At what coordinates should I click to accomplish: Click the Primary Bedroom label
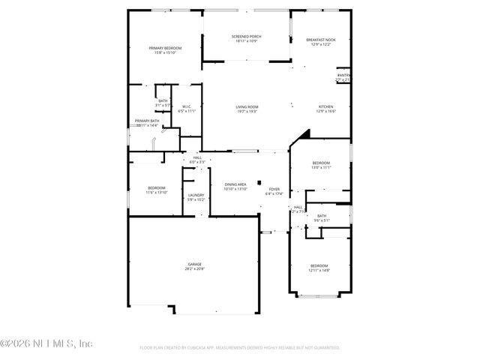point(167,50)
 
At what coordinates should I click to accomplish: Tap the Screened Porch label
point(245,38)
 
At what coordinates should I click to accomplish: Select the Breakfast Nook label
point(320,42)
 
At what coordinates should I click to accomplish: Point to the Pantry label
point(343,76)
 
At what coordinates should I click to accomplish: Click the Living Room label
point(247,109)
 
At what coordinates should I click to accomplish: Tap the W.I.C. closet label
point(187,109)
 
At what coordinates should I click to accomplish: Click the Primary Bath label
point(147,123)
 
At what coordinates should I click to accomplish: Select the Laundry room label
point(196,197)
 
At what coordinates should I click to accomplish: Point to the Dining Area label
point(235,187)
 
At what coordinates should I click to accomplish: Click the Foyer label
point(274,191)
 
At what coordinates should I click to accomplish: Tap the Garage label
point(195,266)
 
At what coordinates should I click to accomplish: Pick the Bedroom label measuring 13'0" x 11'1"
point(320,165)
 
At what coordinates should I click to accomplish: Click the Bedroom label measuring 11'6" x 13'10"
point(156,190)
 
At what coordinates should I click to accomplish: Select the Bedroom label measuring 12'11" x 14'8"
point(319,268)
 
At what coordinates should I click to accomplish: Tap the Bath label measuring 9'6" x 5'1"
point(321,217)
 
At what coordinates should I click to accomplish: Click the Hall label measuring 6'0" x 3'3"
point(197,159)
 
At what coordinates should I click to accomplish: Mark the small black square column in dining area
point(258,182)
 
